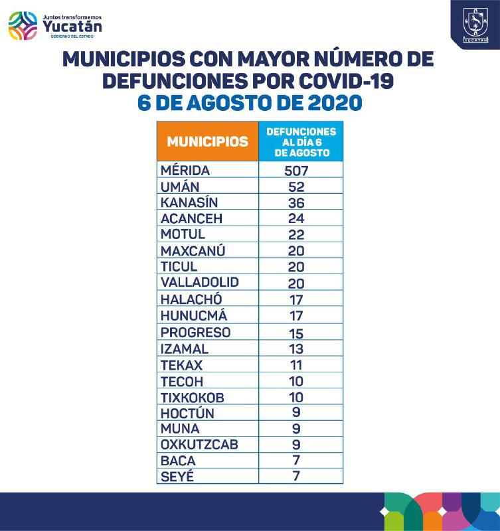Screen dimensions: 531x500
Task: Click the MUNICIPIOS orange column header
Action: coord(207,141)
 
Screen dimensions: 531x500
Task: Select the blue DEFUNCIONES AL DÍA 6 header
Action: coord(301,142)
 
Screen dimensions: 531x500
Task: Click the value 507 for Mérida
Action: coord(296,171)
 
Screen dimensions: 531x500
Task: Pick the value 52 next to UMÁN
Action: coord(296,187)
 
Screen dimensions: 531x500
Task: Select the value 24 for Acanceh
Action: coord(296,218)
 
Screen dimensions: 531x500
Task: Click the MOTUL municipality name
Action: coord(183,234)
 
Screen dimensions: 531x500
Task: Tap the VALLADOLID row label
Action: coord(199,282)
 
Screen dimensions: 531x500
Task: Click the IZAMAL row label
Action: coord(185,348)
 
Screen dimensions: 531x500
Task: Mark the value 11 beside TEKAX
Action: coord(296,365)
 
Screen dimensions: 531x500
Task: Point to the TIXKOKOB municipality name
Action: coord(193,397)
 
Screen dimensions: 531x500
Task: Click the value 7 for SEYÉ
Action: coord(296,477)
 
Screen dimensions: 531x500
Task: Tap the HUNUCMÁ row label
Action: coord(191,316)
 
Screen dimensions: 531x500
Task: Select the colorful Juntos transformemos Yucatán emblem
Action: coord(23,27)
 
